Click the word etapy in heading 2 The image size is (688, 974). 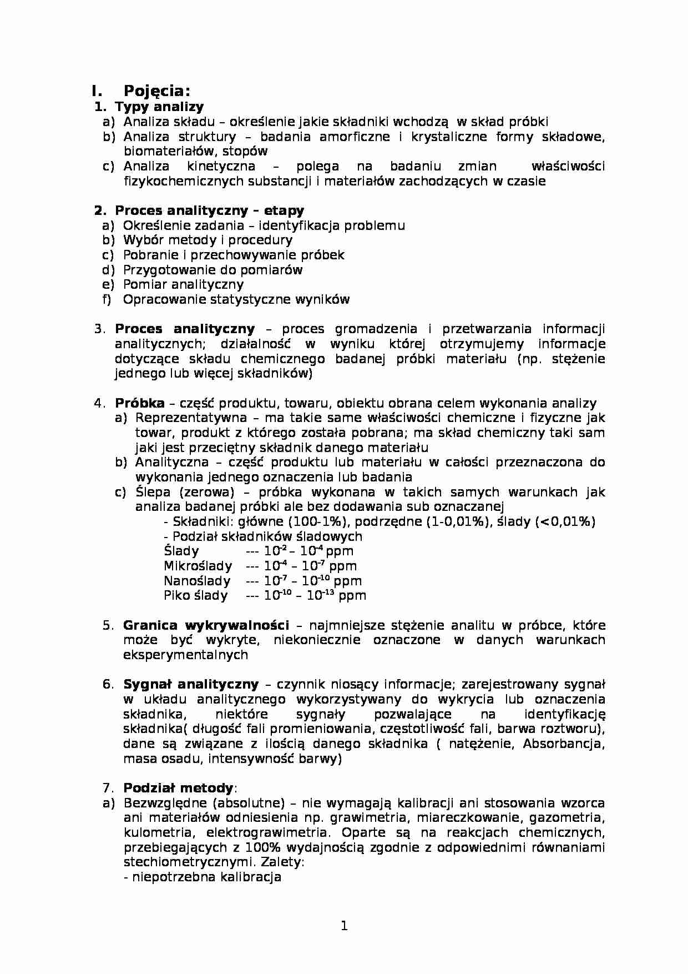284,210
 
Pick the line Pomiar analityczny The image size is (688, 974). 183,284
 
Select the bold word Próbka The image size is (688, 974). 139,403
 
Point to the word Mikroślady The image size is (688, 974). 198,566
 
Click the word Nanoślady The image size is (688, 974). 196,581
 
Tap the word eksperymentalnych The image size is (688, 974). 185,655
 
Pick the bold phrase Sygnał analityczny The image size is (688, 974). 190,684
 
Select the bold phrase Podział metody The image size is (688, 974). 178,788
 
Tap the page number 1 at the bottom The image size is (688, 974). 344,926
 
